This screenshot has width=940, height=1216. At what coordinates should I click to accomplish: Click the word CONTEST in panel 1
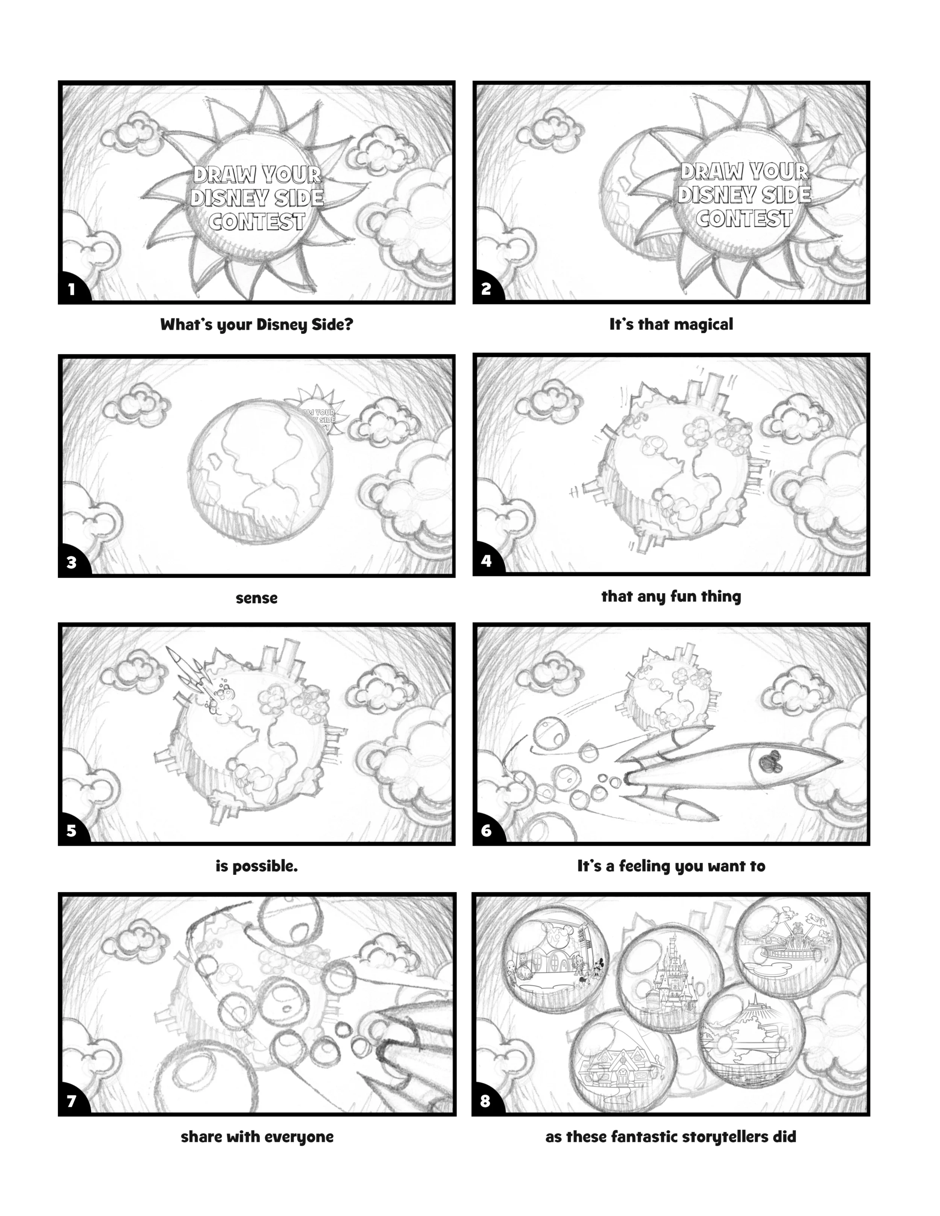257,222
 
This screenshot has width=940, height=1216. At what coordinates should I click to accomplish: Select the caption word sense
257,598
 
